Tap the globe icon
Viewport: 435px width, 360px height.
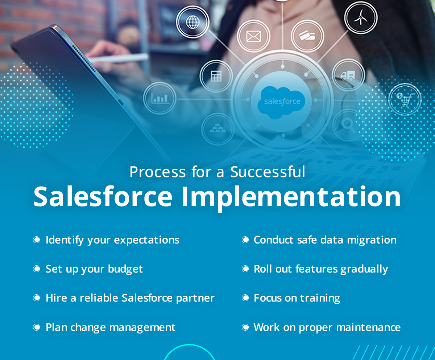coord(193,22)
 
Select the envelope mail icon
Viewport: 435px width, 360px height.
coord(253,37)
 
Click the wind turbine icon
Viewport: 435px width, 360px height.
coord(361,17)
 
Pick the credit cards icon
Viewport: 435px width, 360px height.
coord(307,36)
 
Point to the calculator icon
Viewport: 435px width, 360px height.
coord(216,76)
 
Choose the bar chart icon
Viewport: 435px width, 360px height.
coord(160,98)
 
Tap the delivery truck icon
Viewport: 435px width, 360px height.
coord(348,75)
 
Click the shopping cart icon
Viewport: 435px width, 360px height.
coord(405,99)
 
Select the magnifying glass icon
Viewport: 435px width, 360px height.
coord(348,126)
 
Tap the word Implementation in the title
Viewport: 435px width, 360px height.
coord(291,197)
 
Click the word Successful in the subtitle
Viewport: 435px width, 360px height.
coord(268,172)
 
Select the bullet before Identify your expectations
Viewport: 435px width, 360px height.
coord(37,240)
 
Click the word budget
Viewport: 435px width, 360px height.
coord(125,269)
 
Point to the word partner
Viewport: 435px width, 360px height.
coord(195,298)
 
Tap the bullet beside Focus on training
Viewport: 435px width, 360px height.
coord(245,298)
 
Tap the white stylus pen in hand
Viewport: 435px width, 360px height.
coord(119,58)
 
